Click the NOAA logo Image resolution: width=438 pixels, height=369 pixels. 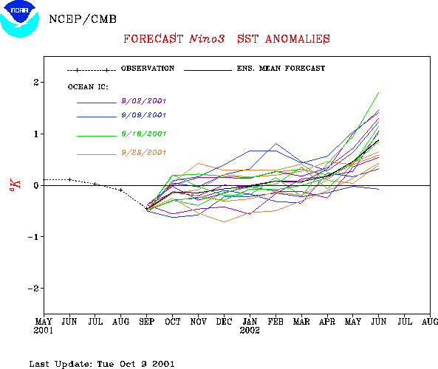coord(19,19)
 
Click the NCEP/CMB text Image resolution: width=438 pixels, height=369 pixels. coord(83,19)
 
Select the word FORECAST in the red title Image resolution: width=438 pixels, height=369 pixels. coord(154,39)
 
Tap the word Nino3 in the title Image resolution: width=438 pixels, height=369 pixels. coord(207,39)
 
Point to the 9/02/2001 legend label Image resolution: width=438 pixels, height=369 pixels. coord(144,101)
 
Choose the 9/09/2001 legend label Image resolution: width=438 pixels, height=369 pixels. coord(144,115)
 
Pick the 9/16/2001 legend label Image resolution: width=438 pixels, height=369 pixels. coord(144,134)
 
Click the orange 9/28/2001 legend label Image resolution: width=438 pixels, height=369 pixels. coord(144,153)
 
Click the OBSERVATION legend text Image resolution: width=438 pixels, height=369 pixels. coord(148,69)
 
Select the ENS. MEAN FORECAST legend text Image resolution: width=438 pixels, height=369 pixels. coord(281,69)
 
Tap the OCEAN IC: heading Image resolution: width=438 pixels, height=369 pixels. coord(88,87)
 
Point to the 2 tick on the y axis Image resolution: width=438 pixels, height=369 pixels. coord(36,83)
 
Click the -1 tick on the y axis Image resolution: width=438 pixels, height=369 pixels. coord(33,237)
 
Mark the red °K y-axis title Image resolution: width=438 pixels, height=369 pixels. coord(15,184)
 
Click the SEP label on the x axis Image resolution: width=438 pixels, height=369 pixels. coord(147,322)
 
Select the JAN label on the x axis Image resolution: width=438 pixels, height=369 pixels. coord(250,322)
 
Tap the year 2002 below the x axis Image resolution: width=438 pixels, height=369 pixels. coord(250,331)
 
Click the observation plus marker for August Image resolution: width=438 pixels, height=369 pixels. coord(121,190)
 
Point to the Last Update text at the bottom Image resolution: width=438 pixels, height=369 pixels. coord(102,364)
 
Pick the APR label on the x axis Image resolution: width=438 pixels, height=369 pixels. coord(327,322)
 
